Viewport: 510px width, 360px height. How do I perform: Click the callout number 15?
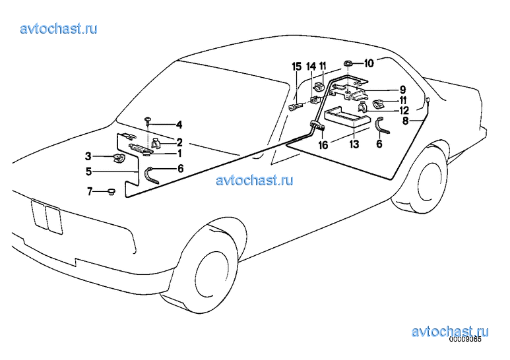297,67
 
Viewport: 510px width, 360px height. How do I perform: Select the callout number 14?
311,67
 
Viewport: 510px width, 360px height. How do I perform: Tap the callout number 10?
369,63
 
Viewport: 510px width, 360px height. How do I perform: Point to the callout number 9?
402,90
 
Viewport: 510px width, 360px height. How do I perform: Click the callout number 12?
404,110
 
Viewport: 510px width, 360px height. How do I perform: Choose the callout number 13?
354,144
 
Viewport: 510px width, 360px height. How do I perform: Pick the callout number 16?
323,145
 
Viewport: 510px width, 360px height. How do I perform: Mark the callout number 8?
405,121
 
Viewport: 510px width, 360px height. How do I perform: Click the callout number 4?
179,125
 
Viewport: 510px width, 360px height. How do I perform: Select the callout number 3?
88,156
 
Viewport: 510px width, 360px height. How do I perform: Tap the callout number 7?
90,191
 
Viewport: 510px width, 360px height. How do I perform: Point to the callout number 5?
89,171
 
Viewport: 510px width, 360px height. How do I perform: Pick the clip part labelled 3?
119,158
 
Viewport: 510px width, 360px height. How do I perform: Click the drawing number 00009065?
465,339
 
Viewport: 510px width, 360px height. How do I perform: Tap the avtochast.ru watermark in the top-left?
59,28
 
